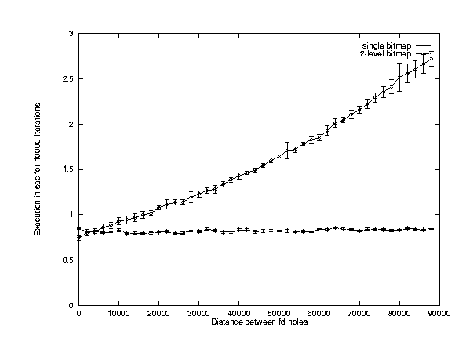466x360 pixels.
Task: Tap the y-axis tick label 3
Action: [x=71, y=34]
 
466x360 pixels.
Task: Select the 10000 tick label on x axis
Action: [x=119, y=314]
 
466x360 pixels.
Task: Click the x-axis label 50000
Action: [x=279, y=314]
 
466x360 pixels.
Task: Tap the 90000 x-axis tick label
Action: [x=439, y=314]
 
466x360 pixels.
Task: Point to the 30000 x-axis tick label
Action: [x=198, y=314]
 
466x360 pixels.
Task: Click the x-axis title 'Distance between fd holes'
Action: [x=260, y=322]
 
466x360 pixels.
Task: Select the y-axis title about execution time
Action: [x=37, y=169]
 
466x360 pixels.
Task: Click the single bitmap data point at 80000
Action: [x=399, y=77]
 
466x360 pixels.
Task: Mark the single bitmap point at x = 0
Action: [x=78, y=238]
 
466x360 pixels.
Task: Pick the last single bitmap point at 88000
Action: [x=431, y=59]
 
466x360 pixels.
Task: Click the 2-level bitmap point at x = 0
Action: [x=78, y=229]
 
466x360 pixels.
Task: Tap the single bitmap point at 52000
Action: [x=287, y=151]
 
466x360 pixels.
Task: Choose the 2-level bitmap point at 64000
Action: [x=335, y=227]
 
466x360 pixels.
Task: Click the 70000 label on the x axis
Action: [x=359, y=314]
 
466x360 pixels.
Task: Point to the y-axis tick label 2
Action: [x=71, y=124]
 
